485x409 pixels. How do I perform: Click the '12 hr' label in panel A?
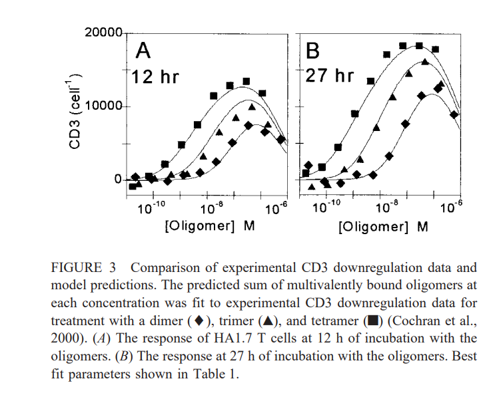coord(155,76)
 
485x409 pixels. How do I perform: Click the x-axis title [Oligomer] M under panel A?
coord(211,226)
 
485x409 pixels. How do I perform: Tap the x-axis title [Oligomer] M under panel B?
coord(383,226)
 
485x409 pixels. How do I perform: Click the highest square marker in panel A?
coord(246,81)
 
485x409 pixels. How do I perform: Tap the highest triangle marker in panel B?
coord(424,62)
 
